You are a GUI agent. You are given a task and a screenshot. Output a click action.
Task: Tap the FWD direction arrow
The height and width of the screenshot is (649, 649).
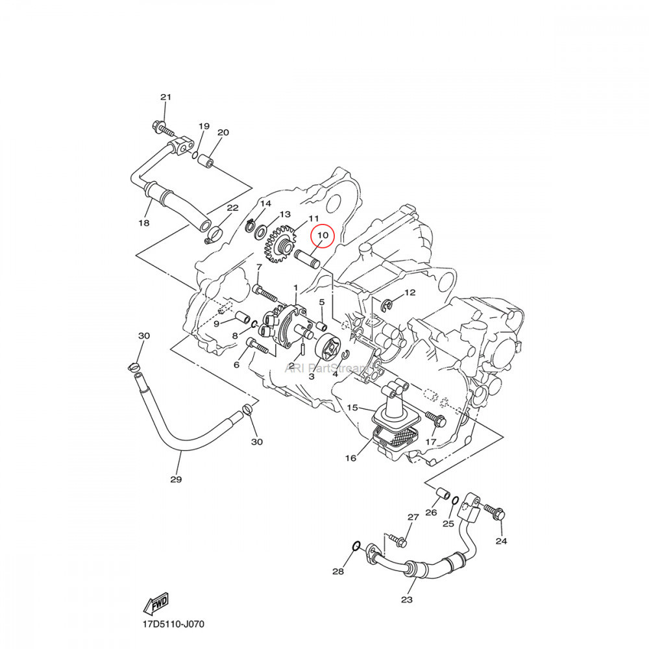tap(156, 604)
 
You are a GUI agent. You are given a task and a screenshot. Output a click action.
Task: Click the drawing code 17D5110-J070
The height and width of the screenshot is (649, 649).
tap(173, 624)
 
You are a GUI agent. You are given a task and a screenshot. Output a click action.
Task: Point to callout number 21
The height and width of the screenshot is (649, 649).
tap(165, 97)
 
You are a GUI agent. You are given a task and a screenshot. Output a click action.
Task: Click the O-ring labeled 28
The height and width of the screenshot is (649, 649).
tap(356, 548)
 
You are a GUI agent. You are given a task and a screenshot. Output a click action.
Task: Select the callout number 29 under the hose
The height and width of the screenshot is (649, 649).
tap(176, 480)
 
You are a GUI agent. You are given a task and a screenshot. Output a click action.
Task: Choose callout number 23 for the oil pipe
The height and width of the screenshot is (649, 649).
tap(406, 600)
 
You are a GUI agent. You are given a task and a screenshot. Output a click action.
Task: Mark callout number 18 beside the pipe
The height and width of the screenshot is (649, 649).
tap(143, 223)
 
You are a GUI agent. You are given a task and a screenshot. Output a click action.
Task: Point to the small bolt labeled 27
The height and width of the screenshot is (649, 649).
tap(398, 540)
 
